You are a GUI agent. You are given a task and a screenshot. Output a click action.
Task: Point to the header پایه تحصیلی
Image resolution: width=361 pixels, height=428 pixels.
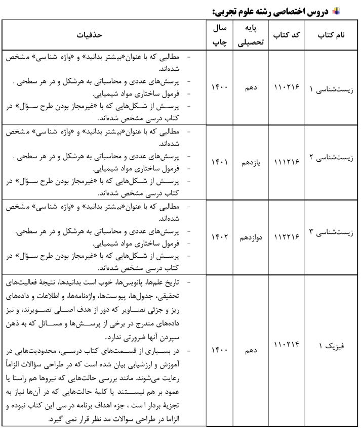tap(251, 35)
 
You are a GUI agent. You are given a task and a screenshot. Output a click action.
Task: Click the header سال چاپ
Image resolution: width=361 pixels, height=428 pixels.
tap(219, 35)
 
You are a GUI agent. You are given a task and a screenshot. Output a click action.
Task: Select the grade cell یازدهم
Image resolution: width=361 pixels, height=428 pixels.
tap(251, 163)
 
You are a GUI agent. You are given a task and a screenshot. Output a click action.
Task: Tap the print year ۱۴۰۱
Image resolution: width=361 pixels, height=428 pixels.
tap(219, 163)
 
